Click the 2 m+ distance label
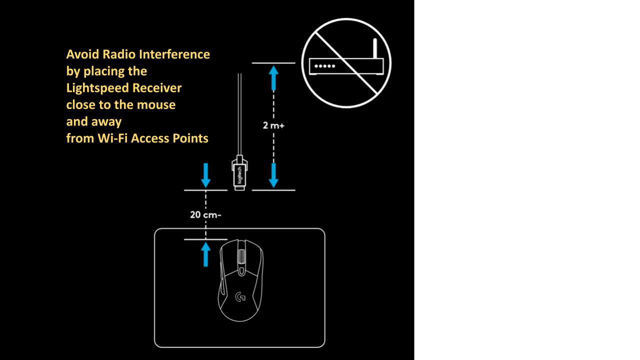273,125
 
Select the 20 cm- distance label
205,214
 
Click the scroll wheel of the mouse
241,256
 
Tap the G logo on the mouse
240,296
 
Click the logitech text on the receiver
239,175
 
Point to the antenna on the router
375,48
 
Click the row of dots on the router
324,66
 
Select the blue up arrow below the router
273,78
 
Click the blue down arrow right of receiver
273,175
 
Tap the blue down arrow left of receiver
205,175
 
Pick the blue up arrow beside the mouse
205,254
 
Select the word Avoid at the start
82,54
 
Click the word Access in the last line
150,138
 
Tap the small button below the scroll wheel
241,271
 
